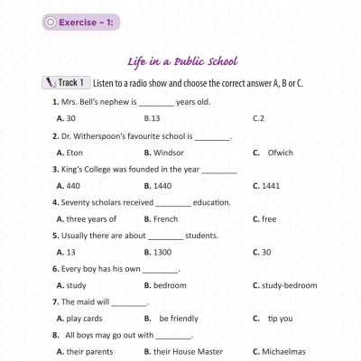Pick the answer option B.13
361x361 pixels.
coord(152,118)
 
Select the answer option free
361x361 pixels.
coord(266,218)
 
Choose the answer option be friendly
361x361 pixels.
coord(178,318)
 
